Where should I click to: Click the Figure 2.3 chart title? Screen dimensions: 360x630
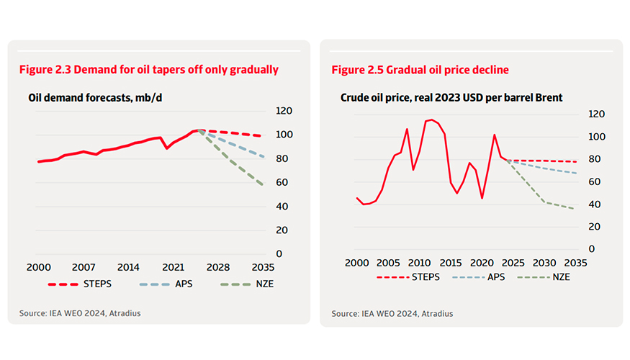(149, 70)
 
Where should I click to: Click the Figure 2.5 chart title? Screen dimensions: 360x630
(420, 70)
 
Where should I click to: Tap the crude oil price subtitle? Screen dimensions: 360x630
(451, 97)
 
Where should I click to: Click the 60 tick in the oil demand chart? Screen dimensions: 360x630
(284, 183)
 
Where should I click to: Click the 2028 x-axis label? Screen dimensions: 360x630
(217, 266)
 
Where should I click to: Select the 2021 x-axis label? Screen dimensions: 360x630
(172, 266)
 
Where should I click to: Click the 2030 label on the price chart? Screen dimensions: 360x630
(544, 262)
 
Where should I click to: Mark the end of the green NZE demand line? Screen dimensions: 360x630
(263, 185)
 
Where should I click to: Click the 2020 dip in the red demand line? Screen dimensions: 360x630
(167, 148)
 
